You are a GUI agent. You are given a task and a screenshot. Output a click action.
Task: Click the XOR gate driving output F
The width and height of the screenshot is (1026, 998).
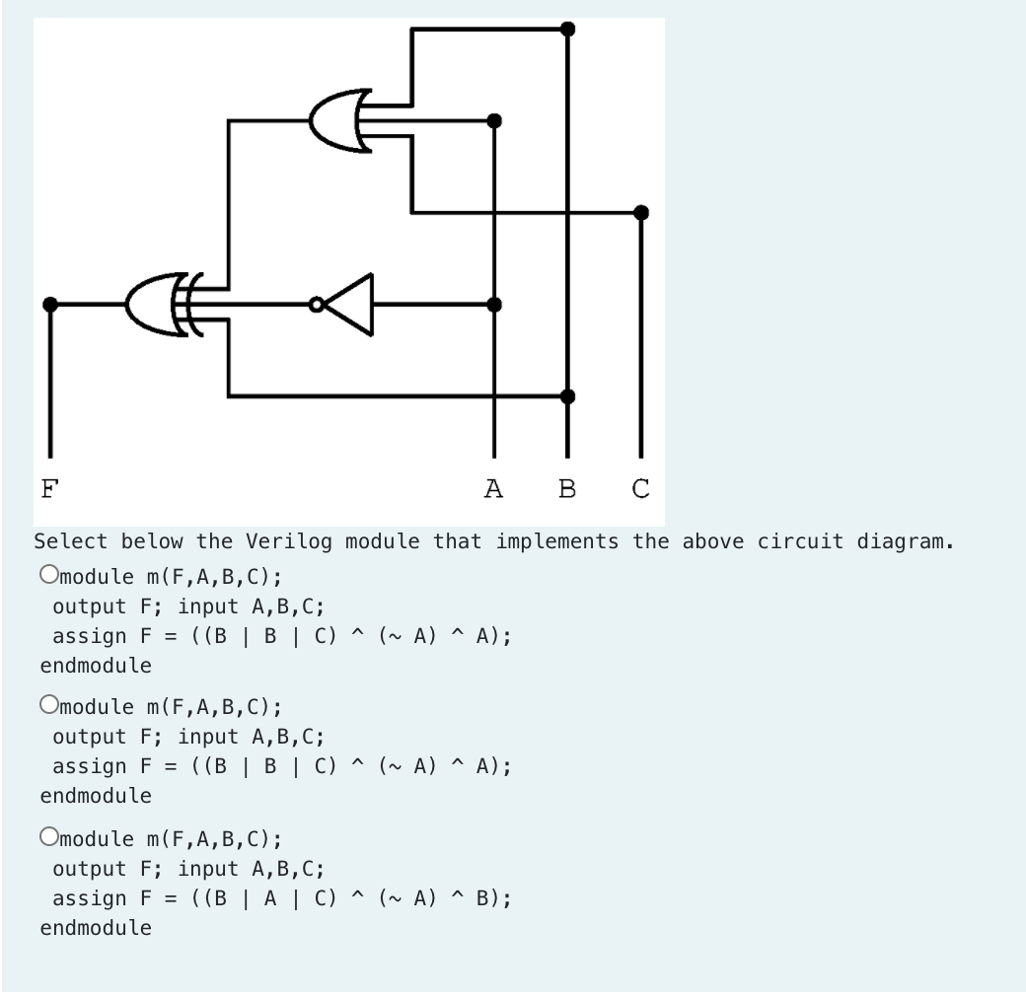[x=158, y=306]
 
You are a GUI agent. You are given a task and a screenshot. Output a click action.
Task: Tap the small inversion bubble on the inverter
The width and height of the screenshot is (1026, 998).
[x=315, y=305]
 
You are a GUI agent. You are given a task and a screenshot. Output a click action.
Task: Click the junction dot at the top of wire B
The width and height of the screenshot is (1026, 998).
[x=567, y=29]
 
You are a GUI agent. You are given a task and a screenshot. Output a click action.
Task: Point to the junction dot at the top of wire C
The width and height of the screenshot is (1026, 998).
[x=641, y=212]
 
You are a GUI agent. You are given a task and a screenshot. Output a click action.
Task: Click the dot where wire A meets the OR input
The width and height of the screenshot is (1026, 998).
[x=494, y=120]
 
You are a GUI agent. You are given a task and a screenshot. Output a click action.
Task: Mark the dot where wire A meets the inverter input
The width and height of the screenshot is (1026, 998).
[x=494, y=305]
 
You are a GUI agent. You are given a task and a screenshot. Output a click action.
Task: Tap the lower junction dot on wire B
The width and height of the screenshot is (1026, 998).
[x=567, y=396]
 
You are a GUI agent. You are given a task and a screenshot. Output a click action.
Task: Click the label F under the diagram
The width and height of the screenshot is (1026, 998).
[x=48, y=487]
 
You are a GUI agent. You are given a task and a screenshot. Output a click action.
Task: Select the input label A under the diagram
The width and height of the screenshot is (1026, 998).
[x=494, y=487]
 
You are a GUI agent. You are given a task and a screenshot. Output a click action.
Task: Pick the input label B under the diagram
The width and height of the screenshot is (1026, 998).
[x=567, y=487]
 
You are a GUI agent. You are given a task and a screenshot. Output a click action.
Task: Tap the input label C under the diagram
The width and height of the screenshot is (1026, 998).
[x=641, y=487]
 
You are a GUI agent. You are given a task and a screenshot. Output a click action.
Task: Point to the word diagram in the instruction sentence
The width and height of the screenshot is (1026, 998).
[x=903, y=541]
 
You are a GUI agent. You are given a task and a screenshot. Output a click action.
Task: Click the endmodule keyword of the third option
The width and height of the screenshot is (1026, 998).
[x=96, y=928]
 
